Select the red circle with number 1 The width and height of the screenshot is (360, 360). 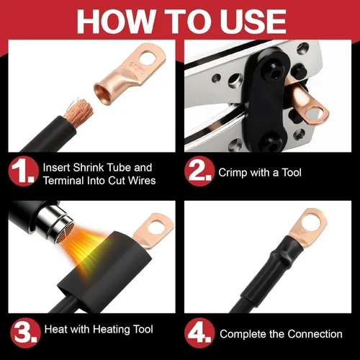click(23, 171)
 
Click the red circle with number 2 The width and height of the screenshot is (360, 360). click(199, 171)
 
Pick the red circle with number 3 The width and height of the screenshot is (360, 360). click(25, 333)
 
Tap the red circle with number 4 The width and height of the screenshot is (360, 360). click(199, 333)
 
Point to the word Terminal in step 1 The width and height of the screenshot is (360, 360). click(63, 181)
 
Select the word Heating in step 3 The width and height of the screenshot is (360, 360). click(109, 330)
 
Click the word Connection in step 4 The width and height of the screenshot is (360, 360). click(315, 334)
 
